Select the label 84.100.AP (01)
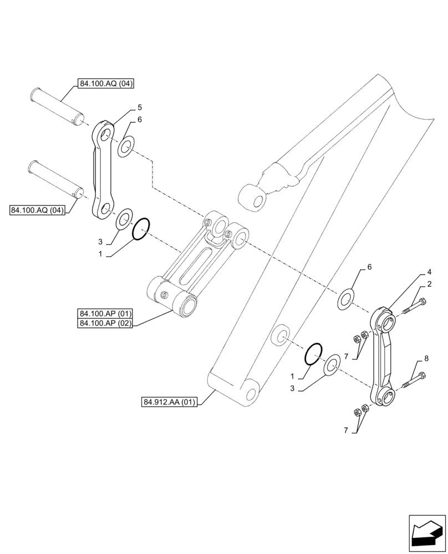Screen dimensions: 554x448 tap(105, 314)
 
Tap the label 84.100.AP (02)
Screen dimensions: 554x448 tap(105, 324)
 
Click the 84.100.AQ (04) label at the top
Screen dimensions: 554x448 tap(107, 84)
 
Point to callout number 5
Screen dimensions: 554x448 tap(140, 107)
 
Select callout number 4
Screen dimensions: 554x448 tap(429, 272)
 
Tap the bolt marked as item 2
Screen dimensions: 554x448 tap(414, 306)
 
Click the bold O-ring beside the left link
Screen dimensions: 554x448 tap(141, 229)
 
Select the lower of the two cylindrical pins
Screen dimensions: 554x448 tap(57, 177)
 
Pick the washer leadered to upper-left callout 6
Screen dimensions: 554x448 tap(126, 147)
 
